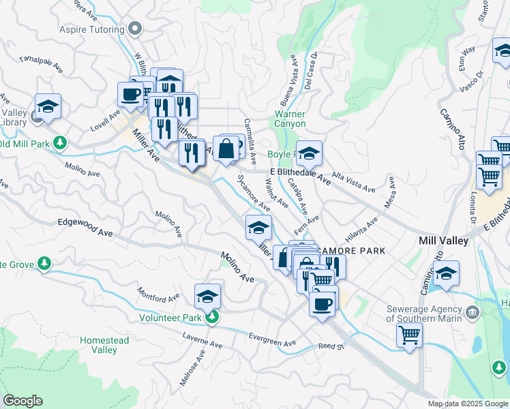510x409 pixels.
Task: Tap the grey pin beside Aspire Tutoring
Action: coord(135,29)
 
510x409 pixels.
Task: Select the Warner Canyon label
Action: coord(290,119)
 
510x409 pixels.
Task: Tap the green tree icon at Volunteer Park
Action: coord(213,317)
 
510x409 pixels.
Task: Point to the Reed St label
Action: coord(332,347)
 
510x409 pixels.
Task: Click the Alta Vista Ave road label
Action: coord(353,181)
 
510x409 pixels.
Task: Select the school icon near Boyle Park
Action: coord(309,154)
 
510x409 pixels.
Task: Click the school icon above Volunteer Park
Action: coord(208,296)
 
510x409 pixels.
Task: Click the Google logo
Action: coord(22,401)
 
